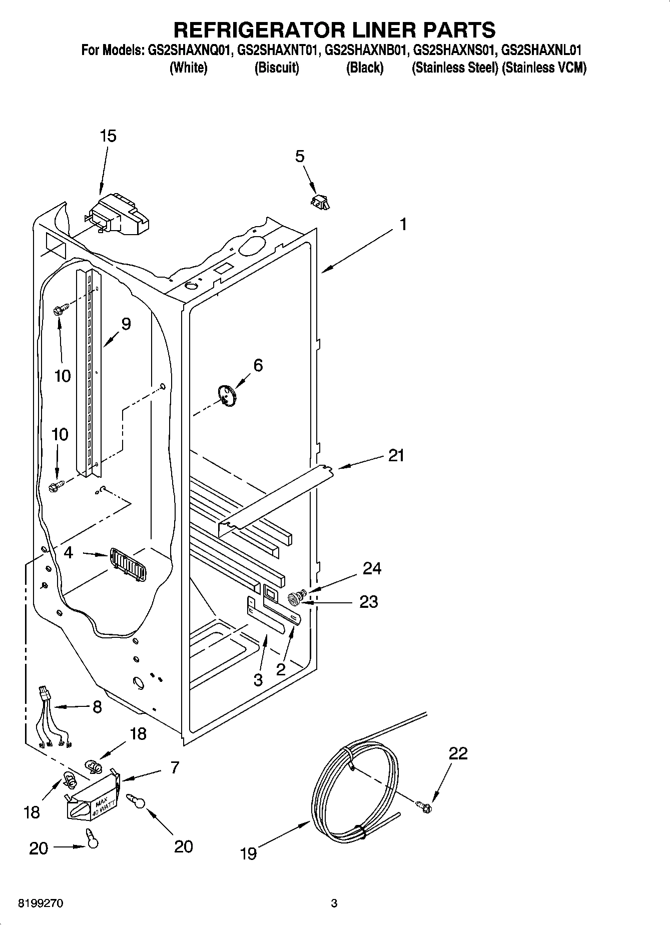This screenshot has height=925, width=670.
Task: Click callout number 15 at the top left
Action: tap(108, 136)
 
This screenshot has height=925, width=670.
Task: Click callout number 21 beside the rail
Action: tap(396, 456)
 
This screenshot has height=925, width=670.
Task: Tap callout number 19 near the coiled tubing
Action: tap(248, 852)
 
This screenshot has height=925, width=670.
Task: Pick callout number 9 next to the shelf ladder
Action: tap(126, 324)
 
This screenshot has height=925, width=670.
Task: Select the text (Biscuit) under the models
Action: tap(277, 68)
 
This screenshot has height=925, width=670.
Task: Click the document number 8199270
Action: tap(41, 903)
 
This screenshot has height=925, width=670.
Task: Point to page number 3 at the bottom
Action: tap(334, 903)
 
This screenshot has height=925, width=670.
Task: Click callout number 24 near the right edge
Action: tap(372, 569)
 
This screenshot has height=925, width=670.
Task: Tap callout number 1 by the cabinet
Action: tap(403, 225)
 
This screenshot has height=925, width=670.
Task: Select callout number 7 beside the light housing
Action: tap(174, 767)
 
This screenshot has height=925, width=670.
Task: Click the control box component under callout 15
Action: tap(119, 216)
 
